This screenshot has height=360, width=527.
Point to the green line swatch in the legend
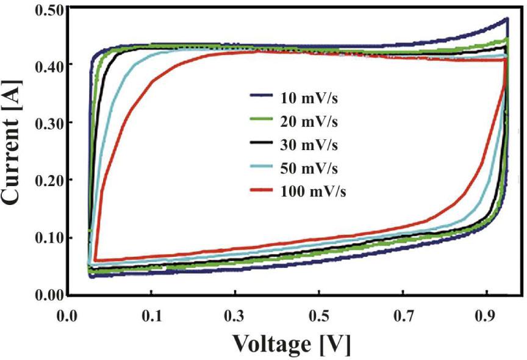point(262,121)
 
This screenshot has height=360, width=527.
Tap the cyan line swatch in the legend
point(262,168)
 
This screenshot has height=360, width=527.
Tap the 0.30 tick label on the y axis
point(50,123)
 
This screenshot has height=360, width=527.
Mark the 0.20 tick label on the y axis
point(50,180)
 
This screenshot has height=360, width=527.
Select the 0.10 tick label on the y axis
point(50,237)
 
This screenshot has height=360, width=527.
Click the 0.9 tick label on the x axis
point(486,317)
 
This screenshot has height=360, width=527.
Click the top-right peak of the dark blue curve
point(507,19)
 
